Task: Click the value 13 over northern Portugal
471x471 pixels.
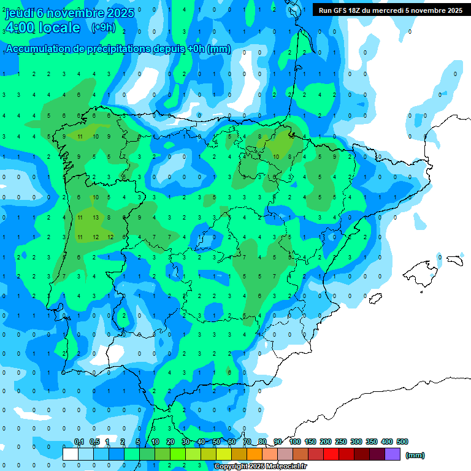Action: pyautogui.click(x=96, y=217)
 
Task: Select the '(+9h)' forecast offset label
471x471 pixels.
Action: pyautogui.click(x=102, y=27)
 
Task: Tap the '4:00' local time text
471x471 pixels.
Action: pyautogui.click(x=20, y=28)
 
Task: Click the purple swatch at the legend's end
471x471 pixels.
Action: pyautogui.click(x=392, y=454)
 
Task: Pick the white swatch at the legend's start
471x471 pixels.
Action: pyautogui.click(x=71, y=454)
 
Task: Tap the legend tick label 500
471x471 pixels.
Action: pyautogui.click(x=402, y=442)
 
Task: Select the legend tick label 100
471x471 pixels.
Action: pyautogui.click(x=295, y=442)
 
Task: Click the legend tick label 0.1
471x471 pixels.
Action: pyautogui.click(x=79, y=442)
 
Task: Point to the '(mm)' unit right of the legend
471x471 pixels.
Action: pyautogui.click(x=415, y=455)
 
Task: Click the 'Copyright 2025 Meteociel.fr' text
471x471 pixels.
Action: pyautogui.click(x=261, y=467)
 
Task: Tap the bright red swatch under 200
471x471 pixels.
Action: pyautogui.click(x=331, y=454)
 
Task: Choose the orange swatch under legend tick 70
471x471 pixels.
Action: pyautogui.click(x=255, y=454)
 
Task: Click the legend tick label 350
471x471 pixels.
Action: pyautogui.click(x=371, y=442)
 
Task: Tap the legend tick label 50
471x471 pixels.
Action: pyautogui.click(x=216, y=442)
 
